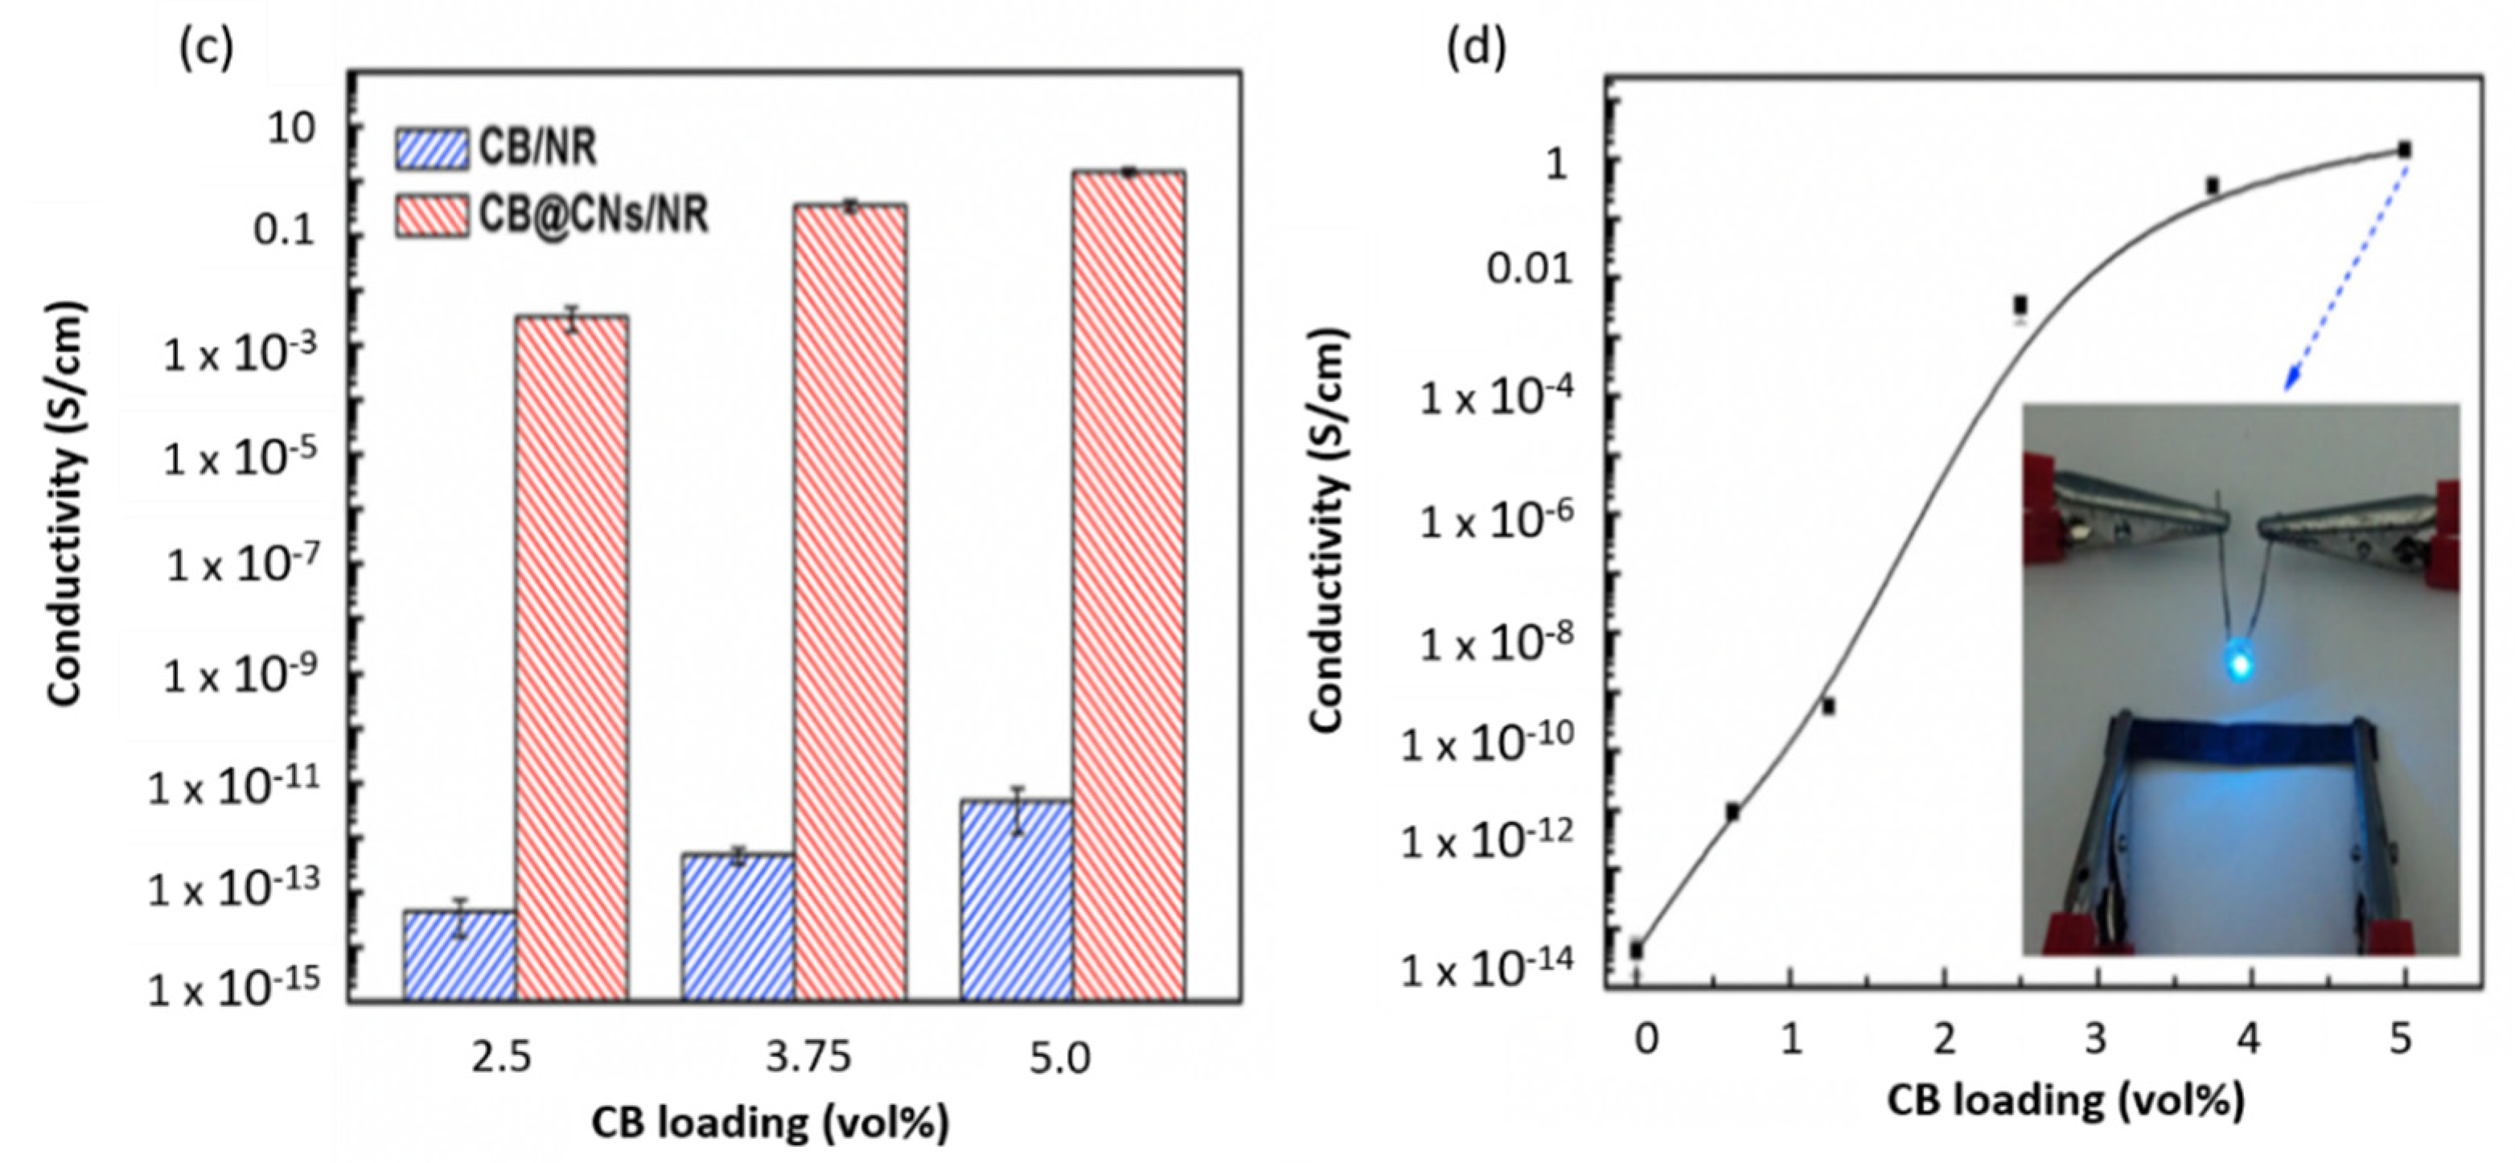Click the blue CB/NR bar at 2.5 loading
(x=459, y=954)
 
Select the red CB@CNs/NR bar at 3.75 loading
(x=849, y=601)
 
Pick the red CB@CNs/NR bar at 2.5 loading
(x=571, y=656)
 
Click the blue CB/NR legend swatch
(x=430, y=150)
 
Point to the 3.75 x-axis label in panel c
(x=808, y=1057)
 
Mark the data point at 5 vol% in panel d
(x=2404, y=150)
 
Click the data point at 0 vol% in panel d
(x=1636, y=949)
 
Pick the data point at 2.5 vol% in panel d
(x=2020, y=306)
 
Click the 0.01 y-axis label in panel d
(x=1530, y=269)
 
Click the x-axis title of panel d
(x=2065, y=1100)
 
